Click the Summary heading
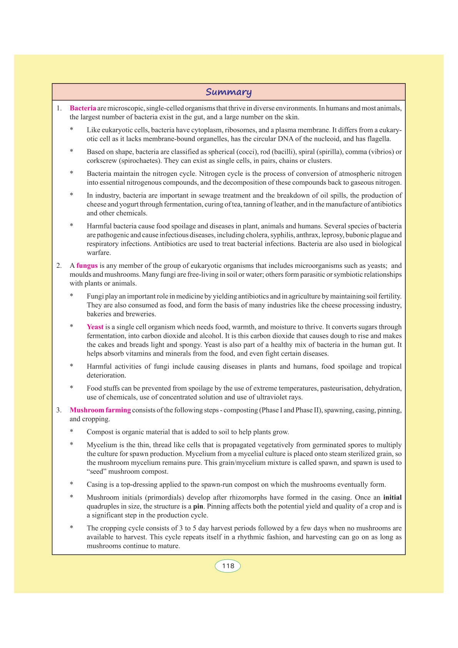pos(228,92)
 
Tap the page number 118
pos(228,566)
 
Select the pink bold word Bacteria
pos(83,108)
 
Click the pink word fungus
pos(87,266)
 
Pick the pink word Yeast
pos(95,327)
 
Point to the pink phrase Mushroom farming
pos(100,410)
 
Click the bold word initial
pos(392,498)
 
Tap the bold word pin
pos(198,506)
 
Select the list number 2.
pos(59,266)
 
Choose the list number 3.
pos(59,410)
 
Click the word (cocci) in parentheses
pos(246,152)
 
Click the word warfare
pos(98,253)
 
